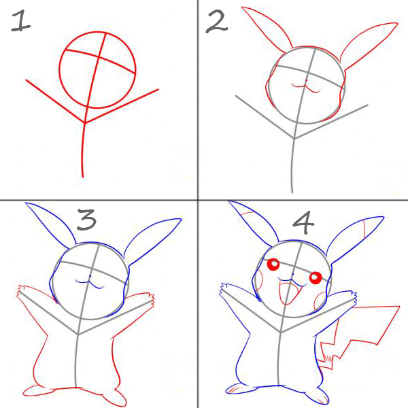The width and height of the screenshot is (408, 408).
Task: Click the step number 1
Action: pyautogui.click(x=20, y=21)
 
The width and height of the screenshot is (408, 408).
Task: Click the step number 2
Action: pyautogui.click(x=216, y=22)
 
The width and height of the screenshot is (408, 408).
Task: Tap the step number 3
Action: pyautogui.click(x=86, y=220)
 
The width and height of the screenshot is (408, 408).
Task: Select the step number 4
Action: pyautogui.click(x=303, y=222)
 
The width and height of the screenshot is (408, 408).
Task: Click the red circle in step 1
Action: pyautogui.click(x=60, y=70)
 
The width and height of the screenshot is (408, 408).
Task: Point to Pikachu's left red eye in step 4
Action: pyautogui.click(x=273, y=265)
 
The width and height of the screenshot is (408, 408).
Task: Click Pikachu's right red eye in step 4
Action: pyautogui.click(x=316, y=277)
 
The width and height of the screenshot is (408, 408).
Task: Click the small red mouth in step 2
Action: pyautogui.click(x=306, y=87)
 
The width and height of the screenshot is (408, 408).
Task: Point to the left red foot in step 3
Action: pyautogui.click(x=39, y=390)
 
